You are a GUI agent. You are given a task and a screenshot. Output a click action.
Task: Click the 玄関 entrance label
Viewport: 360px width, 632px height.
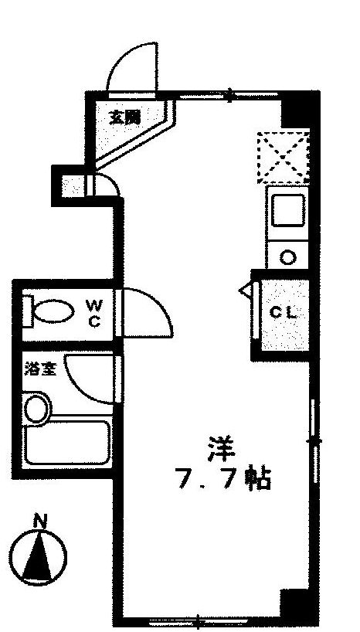coord(125,118)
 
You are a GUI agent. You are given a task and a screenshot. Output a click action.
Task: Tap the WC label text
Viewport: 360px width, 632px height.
coord(94,314)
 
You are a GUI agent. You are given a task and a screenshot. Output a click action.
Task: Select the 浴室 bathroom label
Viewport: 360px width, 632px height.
coord(40,369)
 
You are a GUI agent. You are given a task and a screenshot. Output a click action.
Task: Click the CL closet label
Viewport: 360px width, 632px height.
coord(284,313)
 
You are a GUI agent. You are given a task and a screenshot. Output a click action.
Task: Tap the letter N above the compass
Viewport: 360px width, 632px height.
coord(40,521)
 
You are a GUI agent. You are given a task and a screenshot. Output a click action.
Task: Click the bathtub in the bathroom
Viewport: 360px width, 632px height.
coord(67,443)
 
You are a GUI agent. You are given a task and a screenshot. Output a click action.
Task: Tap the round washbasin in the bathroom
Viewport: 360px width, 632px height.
coord(37,409)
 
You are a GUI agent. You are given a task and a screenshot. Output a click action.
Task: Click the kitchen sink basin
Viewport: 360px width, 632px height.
coord(287,210)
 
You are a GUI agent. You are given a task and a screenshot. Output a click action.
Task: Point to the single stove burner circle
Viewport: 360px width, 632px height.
coord(288,257)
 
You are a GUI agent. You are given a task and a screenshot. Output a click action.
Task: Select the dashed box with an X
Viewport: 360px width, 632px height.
coord(284,157)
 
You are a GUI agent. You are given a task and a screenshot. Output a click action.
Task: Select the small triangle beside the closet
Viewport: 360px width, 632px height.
coord(246,290)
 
